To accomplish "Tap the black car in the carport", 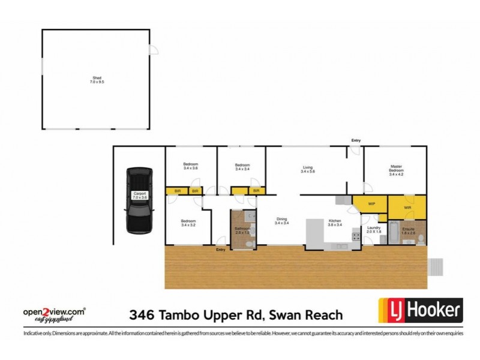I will coord(138,200).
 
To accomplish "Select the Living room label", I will coord(308,169).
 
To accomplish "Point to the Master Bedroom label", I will coord(396,170).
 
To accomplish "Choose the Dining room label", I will coord(282,221).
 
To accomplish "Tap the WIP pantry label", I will coord(371,204).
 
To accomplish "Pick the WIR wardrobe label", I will coord(407,208).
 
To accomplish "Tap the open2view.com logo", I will coord(54,313).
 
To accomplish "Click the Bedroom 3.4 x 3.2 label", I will coord(188,223).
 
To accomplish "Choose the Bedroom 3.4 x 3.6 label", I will coord(191,167).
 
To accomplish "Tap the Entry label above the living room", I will coord(356,140).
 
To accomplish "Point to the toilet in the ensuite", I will coord(420,239).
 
